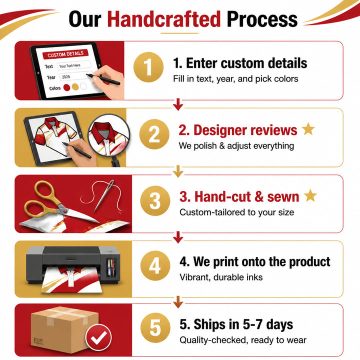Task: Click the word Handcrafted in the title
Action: (164, 19)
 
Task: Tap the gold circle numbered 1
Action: (148, 67)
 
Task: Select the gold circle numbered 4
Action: (155, 265)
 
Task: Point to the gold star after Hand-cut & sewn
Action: (310, 195)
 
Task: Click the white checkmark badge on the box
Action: (98, 337)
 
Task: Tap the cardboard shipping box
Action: (64, 329)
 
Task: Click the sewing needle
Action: (104, 195)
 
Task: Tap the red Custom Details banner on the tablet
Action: (65, 54)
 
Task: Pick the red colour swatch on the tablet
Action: (66, 87)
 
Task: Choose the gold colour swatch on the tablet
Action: (75, 87)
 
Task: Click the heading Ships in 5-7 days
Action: (236, 324)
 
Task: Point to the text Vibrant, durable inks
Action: (221, 277)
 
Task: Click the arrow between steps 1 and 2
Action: (178, 104)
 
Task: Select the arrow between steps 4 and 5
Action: (178, 302)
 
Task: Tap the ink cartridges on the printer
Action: (112, 267)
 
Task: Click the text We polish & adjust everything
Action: (236, 146)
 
